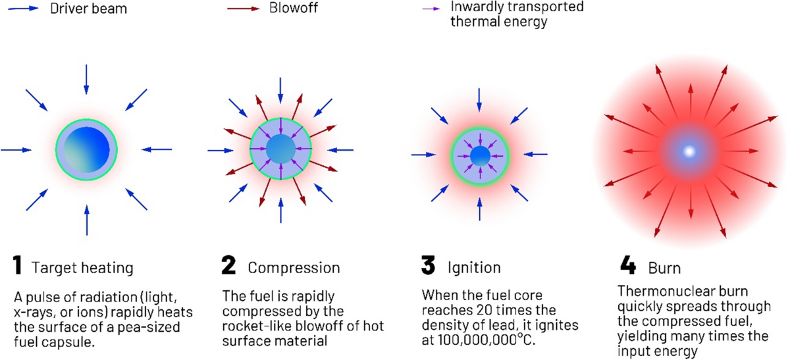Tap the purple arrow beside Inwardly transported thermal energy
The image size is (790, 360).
432,11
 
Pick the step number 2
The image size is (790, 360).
228,267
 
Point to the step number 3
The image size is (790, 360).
429,267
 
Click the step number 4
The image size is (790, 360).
628,267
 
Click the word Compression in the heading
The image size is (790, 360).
294,268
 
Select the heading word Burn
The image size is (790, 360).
665,269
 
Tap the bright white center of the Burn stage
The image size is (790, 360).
689,152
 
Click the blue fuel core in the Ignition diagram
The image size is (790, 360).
480,157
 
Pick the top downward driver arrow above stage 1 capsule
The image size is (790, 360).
86,80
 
